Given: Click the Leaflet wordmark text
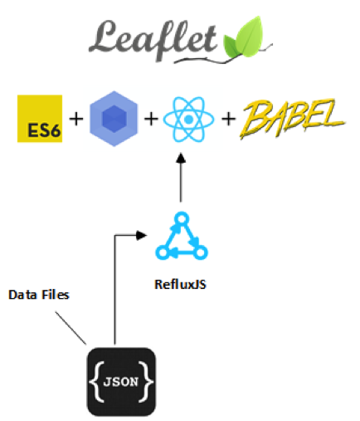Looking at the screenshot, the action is tap(153, 41).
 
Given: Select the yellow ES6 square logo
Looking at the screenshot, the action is tap(40, 119).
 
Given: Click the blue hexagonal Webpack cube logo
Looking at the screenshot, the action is tap(114, 119).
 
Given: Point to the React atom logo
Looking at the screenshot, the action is tap(188, 120).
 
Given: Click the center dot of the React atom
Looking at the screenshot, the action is tap(188, 120).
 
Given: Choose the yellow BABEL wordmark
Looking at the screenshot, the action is tap(292, 119).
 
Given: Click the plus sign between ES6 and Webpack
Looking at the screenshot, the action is tap(76, 119).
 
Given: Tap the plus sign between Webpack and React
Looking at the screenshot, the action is tap(151, 119).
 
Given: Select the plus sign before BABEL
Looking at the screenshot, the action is tap(229, 119).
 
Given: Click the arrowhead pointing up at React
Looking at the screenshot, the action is tap(181, 158).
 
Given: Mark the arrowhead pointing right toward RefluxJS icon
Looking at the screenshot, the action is tap(141, 235).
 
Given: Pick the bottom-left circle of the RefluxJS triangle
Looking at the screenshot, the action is tap(163, 252).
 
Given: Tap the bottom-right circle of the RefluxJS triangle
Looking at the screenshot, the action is tap(200, 252).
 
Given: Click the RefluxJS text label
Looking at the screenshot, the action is tap(180, 284).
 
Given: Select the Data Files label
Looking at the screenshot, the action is tap(39, 295).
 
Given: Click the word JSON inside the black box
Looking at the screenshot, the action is tap(121, 382).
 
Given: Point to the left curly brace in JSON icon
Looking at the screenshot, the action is tap(96, 382).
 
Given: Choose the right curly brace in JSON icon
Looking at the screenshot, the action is tap(146, 382).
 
